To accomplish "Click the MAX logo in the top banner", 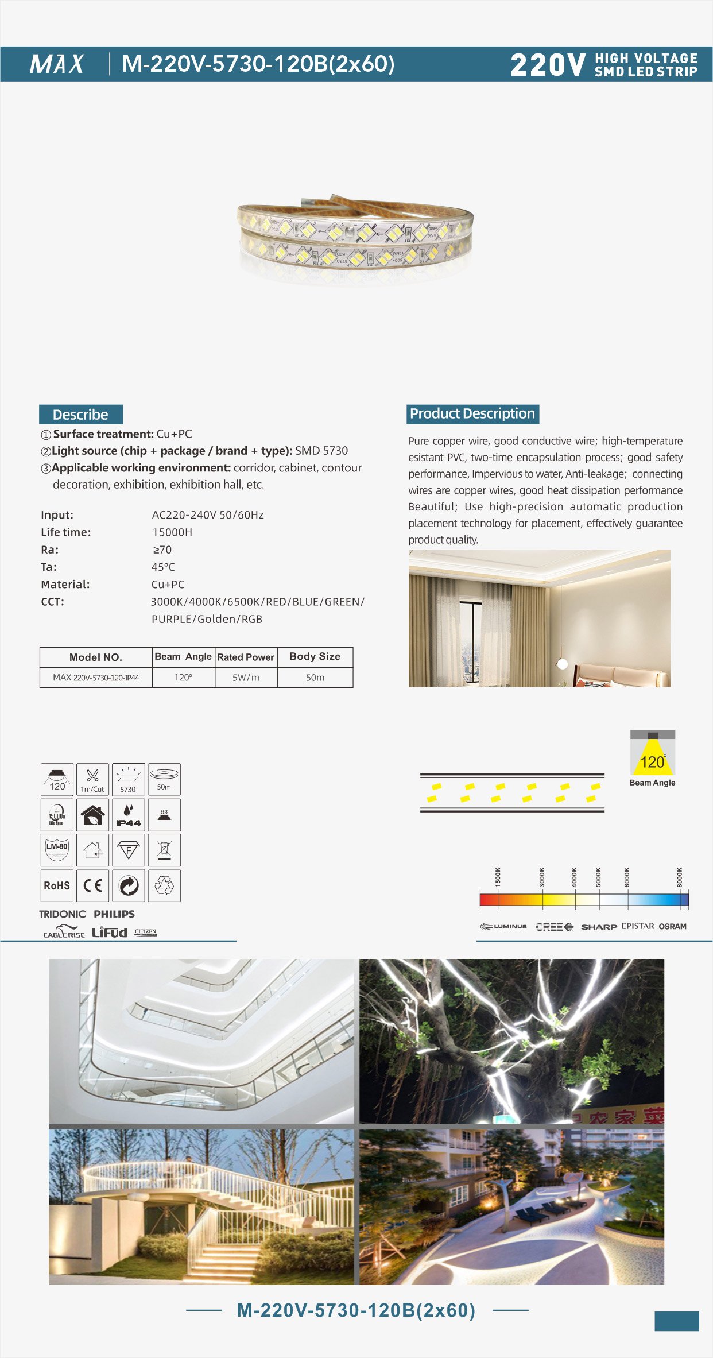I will (57, 64).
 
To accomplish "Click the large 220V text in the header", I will (548, 65).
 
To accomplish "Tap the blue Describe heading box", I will (81, 415).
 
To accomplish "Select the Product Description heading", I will (472, 414).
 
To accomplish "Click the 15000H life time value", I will (172, 532).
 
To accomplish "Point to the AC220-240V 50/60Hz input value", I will (208, 515).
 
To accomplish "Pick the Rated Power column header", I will (246, 657).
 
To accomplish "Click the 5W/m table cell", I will (246, 678).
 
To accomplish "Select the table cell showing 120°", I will (183, 678).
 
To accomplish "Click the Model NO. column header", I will (96, 657).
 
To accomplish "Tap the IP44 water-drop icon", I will (129, 815).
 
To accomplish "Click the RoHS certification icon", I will (57, 885).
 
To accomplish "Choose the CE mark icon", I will (92, 885).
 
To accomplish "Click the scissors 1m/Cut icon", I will (92, 779).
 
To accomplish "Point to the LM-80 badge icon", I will (57, 850).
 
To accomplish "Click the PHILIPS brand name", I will (114, 914).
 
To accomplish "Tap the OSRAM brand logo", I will (673, 927).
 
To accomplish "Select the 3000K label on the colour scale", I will (542, 877).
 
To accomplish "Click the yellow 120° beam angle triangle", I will (653, 760).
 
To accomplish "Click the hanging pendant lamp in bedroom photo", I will (563, 664).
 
